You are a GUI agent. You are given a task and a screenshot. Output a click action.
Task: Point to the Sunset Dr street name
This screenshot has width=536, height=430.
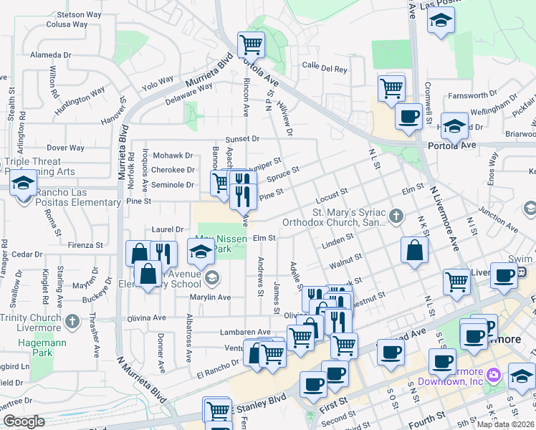tap(241, 138)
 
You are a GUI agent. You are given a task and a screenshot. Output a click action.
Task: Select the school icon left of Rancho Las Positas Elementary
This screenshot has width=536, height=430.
tap(24, 184)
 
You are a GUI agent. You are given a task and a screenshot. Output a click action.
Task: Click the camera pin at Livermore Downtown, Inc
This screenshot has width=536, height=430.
tap(493, 375)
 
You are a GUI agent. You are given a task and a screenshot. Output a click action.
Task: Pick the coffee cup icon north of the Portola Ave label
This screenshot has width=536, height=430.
tap(408, 115)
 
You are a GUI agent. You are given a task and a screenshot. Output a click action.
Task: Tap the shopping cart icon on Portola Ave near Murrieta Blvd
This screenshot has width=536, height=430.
tap(252, 44)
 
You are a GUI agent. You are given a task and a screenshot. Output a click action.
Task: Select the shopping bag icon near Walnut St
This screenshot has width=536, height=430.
tap(415, 250)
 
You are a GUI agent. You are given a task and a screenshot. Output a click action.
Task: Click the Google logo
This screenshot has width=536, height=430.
tap(24, 421)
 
